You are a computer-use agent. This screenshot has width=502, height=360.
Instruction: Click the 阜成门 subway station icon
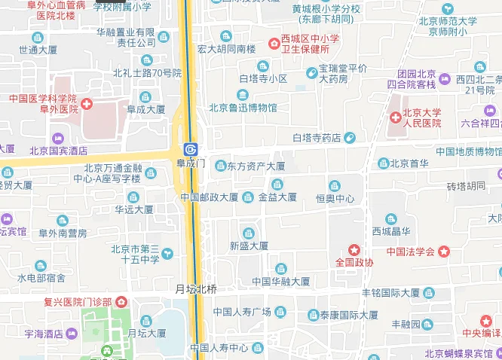pos(191,149)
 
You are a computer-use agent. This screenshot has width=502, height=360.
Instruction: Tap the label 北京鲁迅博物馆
pos(243,108)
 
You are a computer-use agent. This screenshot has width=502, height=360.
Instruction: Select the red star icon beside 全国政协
pos(354,249)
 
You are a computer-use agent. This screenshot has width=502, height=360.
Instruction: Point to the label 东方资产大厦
pos(256,166)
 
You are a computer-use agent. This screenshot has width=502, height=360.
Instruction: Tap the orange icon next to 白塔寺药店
pos(350,138)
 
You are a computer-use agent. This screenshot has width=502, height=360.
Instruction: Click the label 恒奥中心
pos(335,199)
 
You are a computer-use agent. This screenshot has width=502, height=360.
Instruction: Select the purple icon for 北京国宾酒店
pos(58,138)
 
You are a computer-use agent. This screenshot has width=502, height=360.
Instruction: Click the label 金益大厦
pos(277,197)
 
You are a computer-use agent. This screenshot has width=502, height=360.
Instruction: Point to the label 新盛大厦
pos(249,246)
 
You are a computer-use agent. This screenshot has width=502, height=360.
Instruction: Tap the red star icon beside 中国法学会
pos(445,251)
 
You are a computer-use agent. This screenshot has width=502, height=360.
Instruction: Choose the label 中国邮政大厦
pos(210,197)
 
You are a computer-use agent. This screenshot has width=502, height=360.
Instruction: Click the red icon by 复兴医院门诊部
pos(122,302)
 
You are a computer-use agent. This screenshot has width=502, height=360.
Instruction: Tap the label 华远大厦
pos(135,209)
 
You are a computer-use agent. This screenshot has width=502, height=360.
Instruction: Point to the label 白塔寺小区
pos(263,78)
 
